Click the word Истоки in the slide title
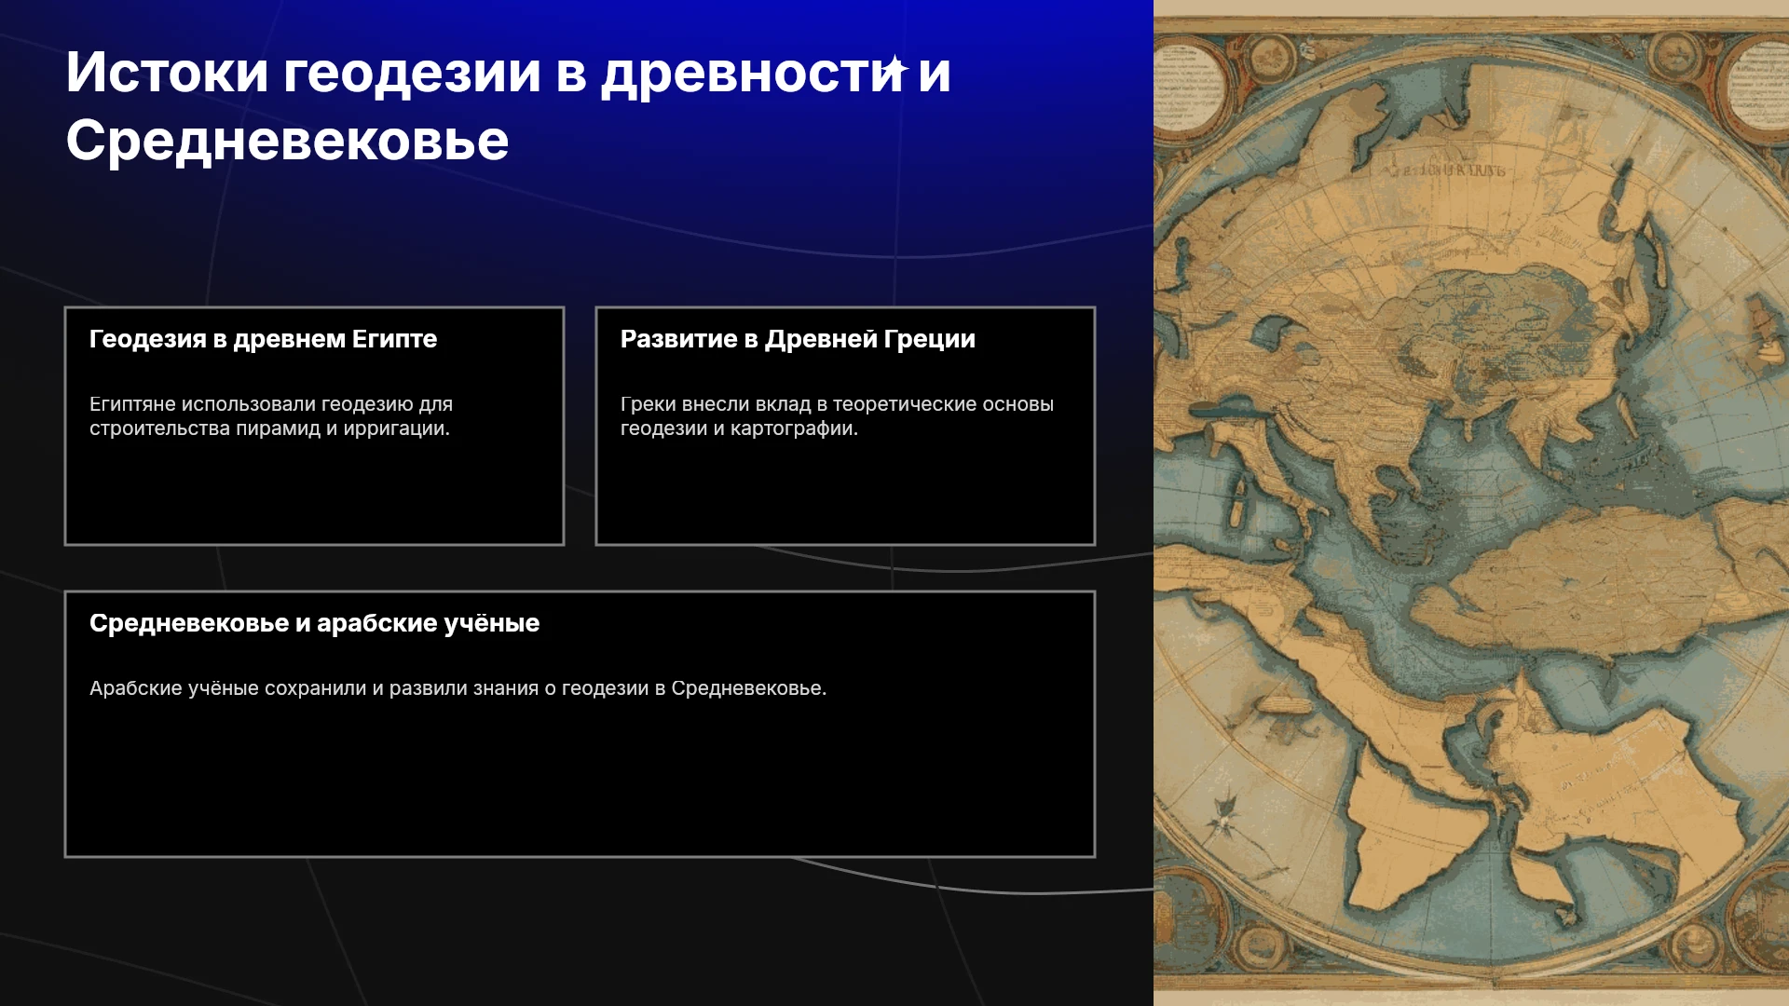[x=168, y=72]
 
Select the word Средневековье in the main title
[x=287, y=141]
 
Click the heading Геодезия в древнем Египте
[x=263, y=339]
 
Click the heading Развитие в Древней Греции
[x=798, y=339]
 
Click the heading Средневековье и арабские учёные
[x=314, y=623]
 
